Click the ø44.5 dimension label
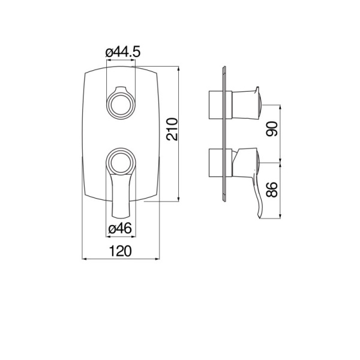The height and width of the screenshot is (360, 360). (x=123, y=53)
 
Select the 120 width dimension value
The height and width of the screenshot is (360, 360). (x=120, y=252)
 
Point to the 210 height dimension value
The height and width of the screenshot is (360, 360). (x=172, y=128)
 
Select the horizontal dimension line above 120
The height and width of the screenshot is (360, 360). (x=120, y=260)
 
